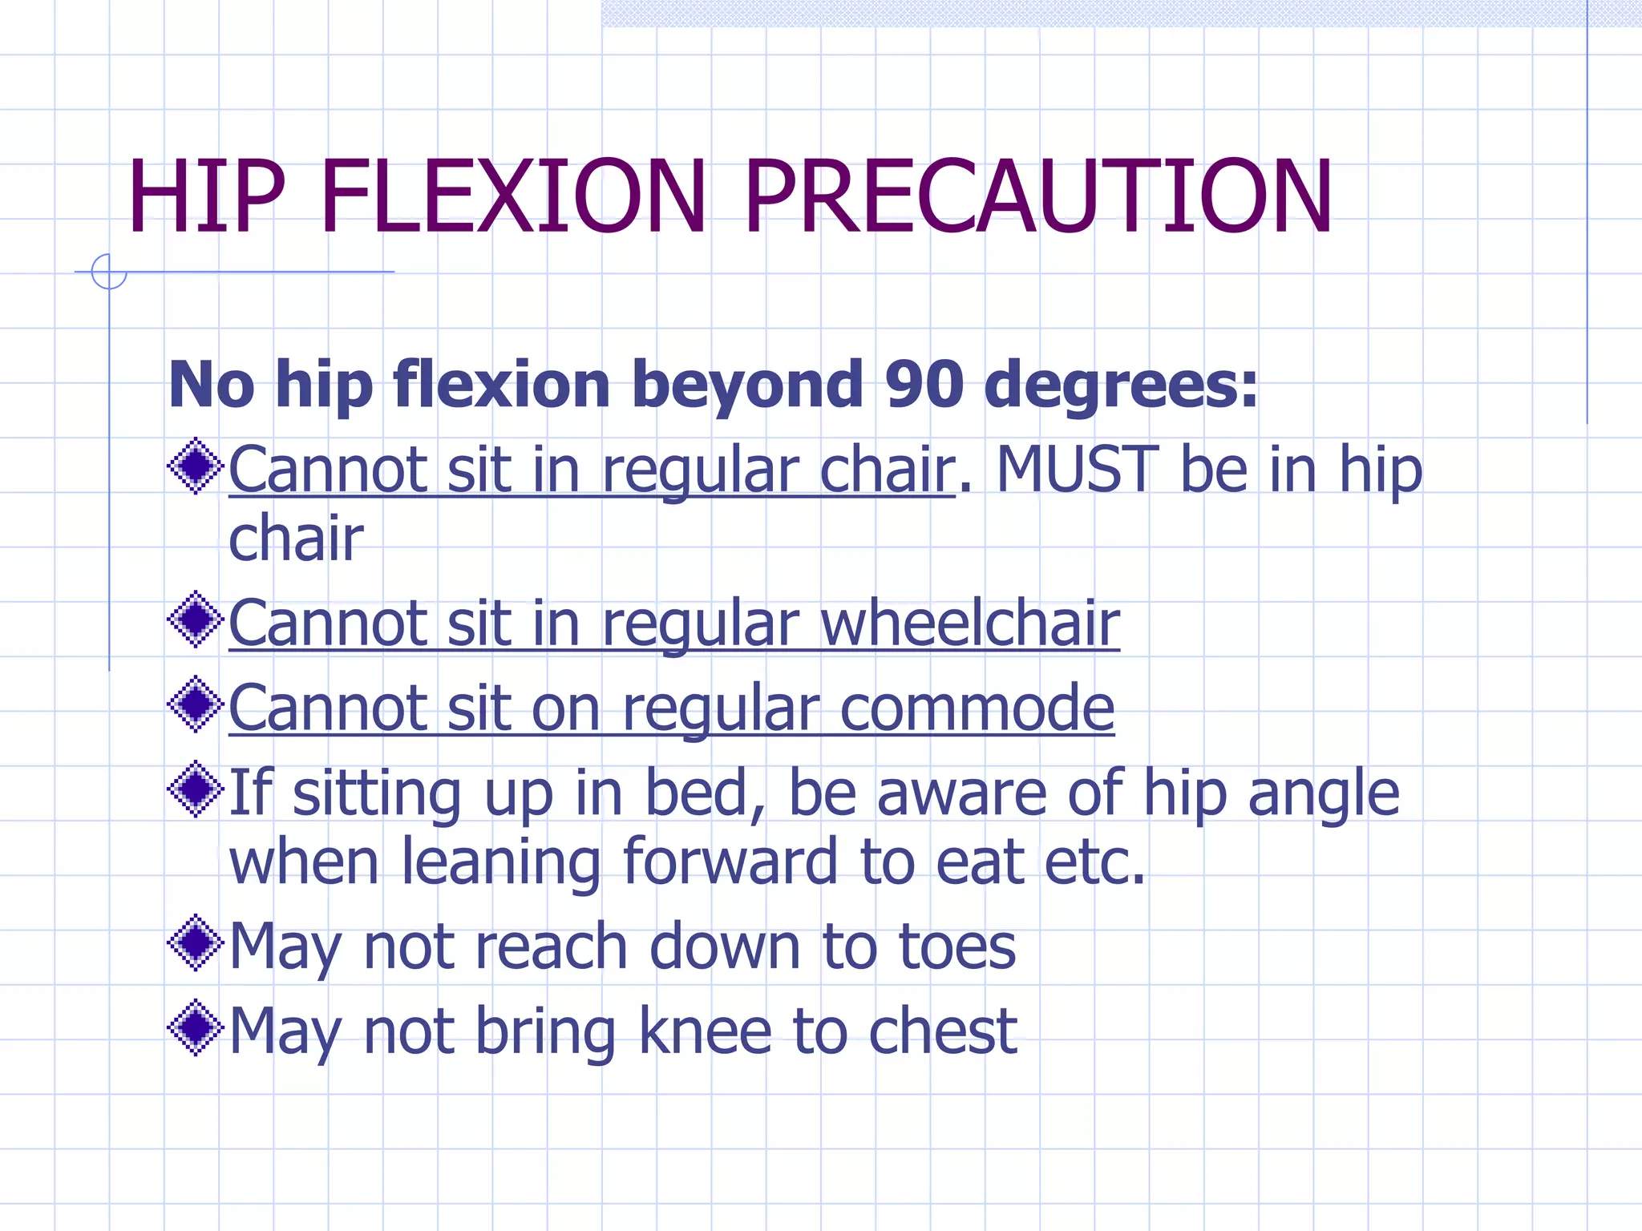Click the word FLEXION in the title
click(513, 197)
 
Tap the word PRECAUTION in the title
click(1037, 197)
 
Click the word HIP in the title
click(206, 197)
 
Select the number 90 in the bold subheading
click(924, 385)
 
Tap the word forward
click(730, 862)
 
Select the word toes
click(957, 946)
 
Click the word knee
click(705, 1031)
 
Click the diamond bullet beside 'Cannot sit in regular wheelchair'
click(195, 620)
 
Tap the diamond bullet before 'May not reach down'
click(195, 943)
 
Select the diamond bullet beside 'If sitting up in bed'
click(195, 789)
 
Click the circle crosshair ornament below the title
click(109, 272)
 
